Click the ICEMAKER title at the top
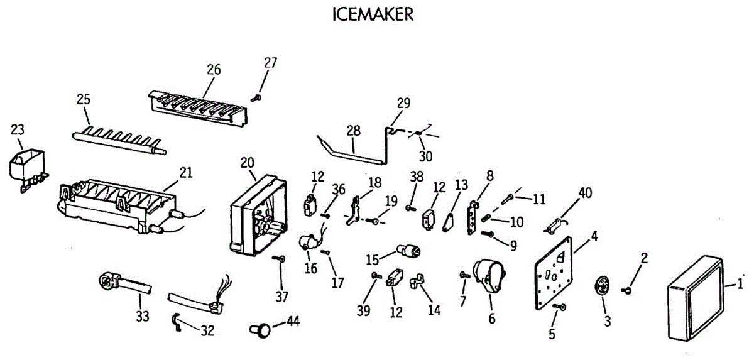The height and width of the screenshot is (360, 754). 373,15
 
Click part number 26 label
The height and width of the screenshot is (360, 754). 214,70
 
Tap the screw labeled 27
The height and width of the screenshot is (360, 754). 256,98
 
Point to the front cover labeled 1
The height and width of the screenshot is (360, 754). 694,298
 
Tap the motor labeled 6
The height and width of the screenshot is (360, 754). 489,276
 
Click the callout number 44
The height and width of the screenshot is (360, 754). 292,322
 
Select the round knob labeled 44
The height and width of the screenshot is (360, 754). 262,327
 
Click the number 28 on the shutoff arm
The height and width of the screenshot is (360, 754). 354,131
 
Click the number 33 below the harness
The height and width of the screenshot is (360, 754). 143,315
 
